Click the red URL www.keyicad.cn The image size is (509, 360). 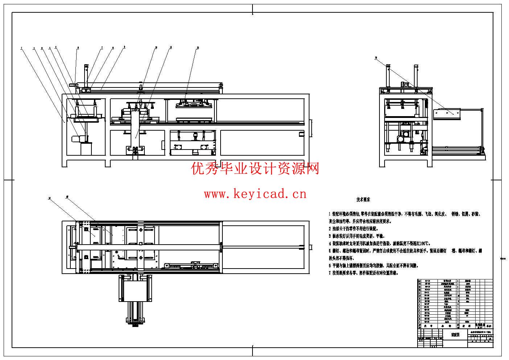[255, 194]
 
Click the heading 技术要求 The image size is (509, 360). [363, 200]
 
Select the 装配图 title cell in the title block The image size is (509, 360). [455, 335]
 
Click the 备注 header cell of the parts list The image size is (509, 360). [489, 326]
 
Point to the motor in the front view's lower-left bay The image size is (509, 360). [77, 138]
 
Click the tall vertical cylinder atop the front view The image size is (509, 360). [86, 75]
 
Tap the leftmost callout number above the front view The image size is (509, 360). [21, 48]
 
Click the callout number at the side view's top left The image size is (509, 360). [376, 58]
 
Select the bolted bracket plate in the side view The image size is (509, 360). [448, 113]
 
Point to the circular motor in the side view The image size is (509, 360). [401, 139]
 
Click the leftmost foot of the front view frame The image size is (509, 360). [65, 164]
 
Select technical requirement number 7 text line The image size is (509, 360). [363, 273]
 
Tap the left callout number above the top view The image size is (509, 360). [49, 198]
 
